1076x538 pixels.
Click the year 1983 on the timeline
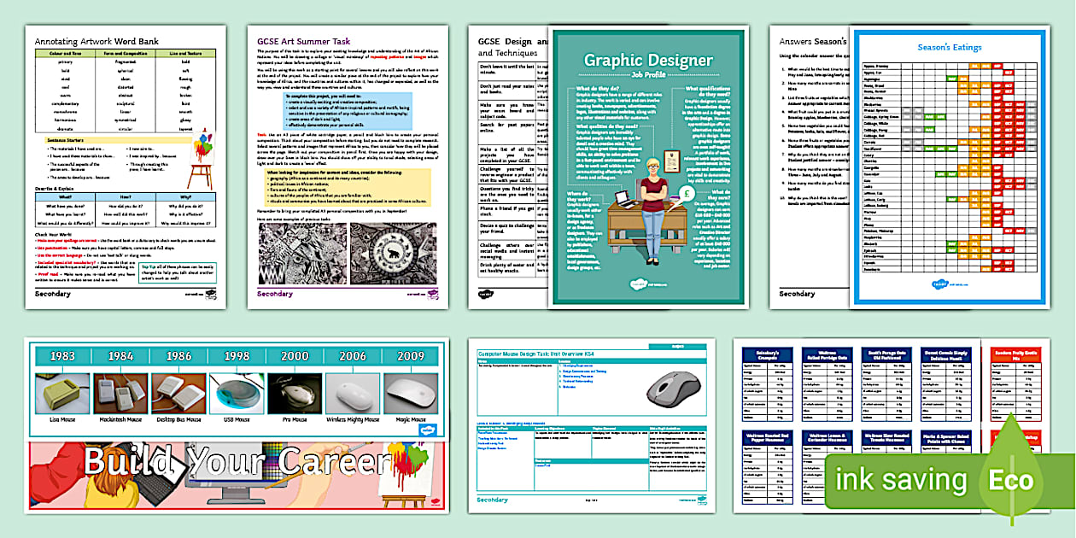61,356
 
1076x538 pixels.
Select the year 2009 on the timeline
411,356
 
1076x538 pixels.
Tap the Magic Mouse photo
411,394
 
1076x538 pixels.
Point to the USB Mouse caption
236,420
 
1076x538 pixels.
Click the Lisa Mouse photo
61,394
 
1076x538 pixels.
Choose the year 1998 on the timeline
236,356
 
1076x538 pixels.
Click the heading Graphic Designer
647,60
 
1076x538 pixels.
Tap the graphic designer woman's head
653,168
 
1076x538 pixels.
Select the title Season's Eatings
949,48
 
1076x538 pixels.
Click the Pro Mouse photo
294,394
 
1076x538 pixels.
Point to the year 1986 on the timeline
178,356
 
